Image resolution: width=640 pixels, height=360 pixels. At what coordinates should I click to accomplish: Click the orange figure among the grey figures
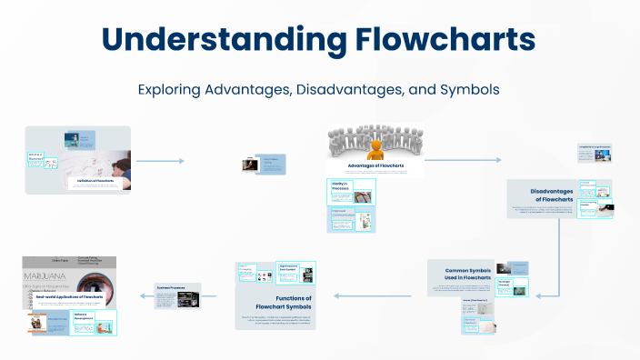[x=375, y=144]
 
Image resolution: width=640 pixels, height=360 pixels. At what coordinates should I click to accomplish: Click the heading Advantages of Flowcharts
[x=375, y=165]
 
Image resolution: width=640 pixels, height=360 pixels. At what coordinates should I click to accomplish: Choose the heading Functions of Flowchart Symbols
[x=282, y=303]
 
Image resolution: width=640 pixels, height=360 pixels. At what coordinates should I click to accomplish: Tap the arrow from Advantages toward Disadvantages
[x=462, y=160]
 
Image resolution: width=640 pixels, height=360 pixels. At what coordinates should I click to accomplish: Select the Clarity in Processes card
[x=351, y=192]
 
